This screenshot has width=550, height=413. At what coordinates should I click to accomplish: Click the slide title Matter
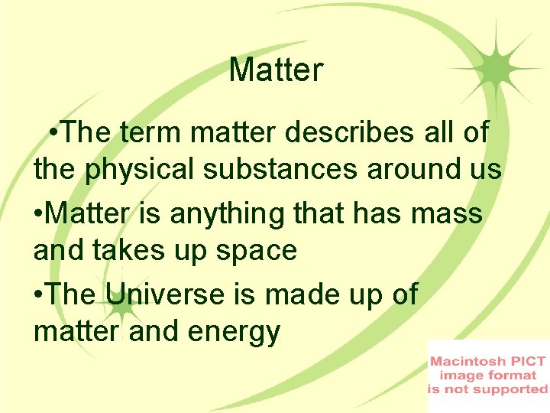tap(276, 70)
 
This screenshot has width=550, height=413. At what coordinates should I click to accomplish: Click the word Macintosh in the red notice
tap(467, 360)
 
